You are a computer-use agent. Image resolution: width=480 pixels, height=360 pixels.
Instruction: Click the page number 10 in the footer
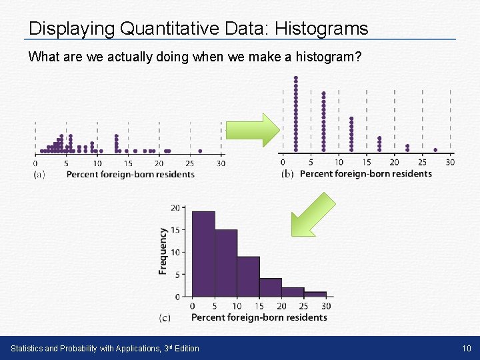tap(465, 348)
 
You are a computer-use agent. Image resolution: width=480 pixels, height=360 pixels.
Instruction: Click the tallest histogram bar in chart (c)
tap(203, 253)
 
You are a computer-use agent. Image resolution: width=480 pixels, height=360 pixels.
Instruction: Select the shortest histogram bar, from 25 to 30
tap(315, 294)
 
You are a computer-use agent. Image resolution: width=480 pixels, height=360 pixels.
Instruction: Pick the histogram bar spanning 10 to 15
tap(248, 276)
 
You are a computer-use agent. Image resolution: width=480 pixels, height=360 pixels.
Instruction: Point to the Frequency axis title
tap(163, 251)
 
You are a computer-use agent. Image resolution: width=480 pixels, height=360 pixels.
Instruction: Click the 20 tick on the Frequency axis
tap(175, 208)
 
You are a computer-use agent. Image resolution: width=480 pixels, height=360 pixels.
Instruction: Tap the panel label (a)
tap(39, 175)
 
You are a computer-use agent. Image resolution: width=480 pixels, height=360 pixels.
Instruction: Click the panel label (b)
tap(287, 174)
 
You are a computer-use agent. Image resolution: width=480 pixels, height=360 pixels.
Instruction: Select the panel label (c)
tap(165, 318)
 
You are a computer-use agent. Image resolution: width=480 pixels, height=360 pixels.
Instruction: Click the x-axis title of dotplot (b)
tap(366, 174)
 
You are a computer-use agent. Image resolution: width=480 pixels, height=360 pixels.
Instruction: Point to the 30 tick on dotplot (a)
tap(221, 163)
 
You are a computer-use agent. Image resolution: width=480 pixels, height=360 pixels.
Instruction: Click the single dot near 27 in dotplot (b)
tap(435, 150)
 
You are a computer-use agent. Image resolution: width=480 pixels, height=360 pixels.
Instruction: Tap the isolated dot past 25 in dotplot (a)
tap(199, 151)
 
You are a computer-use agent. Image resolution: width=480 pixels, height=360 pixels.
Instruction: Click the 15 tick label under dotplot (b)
tap(367, 162)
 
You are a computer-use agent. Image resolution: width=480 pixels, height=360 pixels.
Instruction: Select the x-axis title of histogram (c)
tap(259, 317)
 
